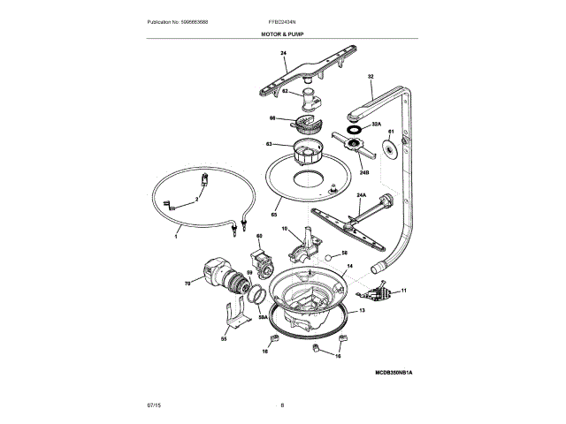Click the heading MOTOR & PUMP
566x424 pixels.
coord(283,32)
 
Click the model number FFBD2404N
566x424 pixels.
coord(283,20)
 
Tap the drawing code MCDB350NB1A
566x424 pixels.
coord(393,374)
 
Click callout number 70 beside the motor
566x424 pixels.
coord(187,284)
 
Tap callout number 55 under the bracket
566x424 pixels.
coord(223,338)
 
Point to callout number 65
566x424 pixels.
coord(274,215)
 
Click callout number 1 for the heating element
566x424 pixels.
coord(175,238)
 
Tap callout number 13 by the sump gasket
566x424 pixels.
coord(361,312)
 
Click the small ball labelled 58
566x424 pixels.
coord(328,257)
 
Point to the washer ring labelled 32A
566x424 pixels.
coord(354,129)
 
